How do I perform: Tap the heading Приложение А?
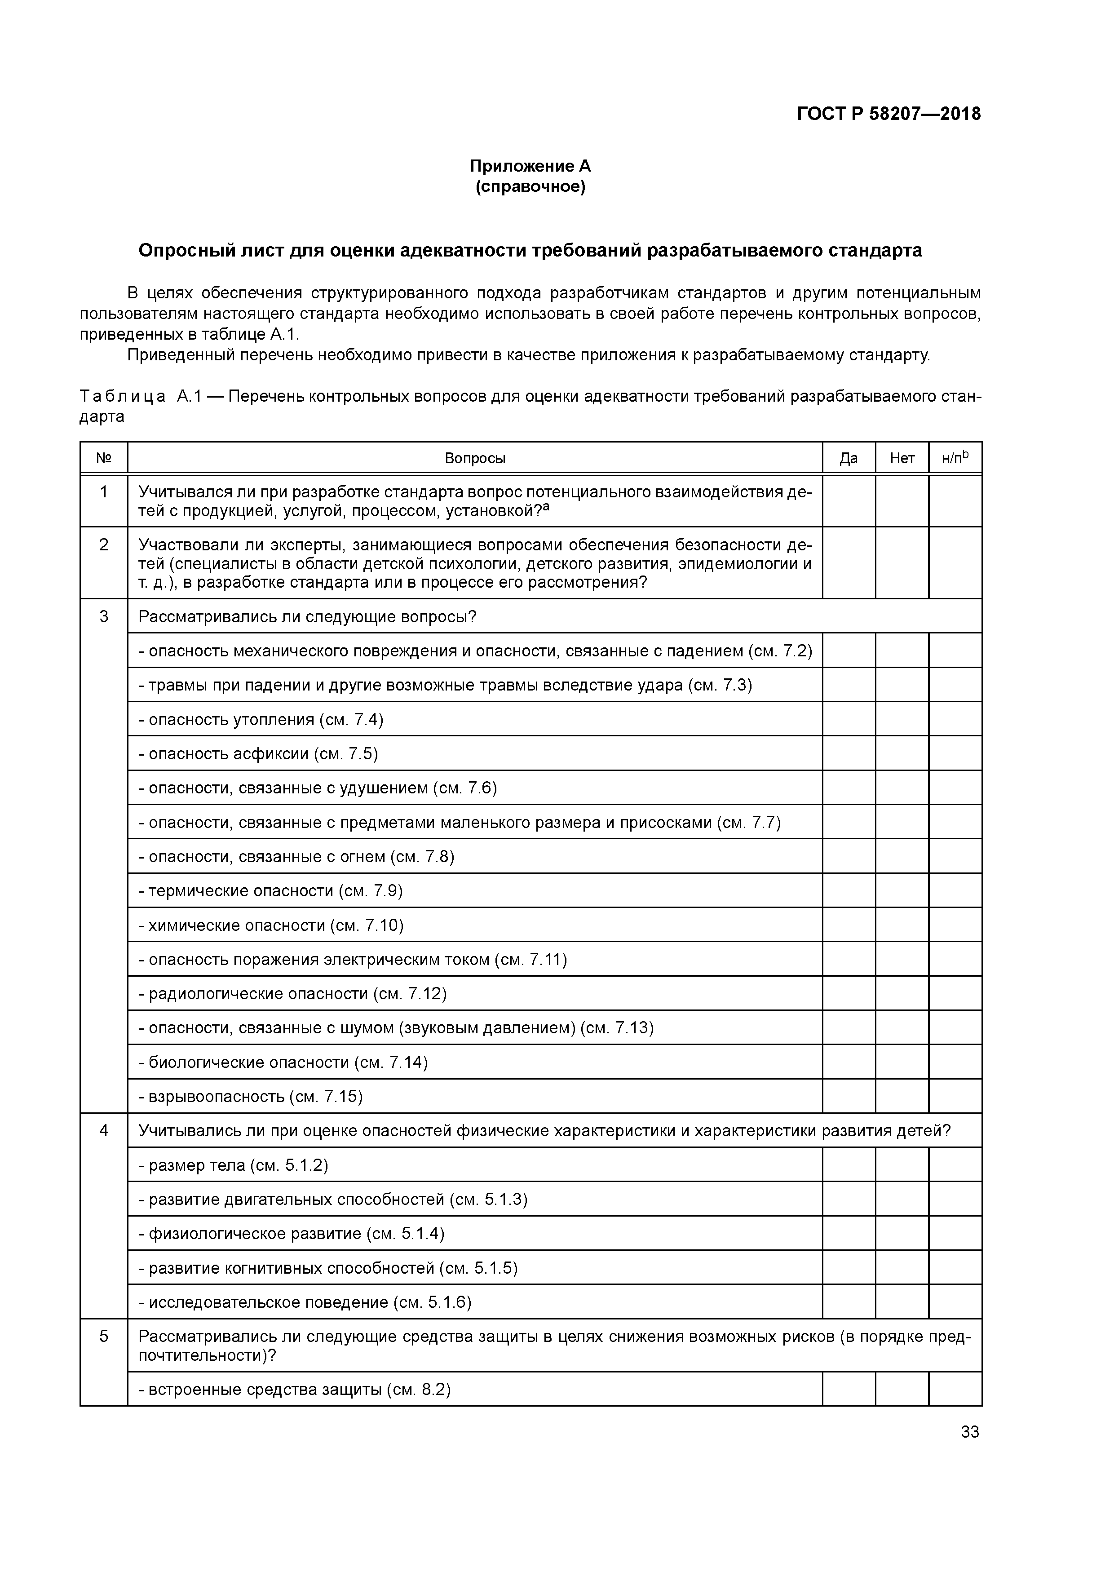click(530, 166)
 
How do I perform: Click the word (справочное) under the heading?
click(530, 187)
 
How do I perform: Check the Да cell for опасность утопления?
click(849, 719)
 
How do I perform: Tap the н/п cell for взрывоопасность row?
click(955, 1096)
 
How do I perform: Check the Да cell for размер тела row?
click(849, 1165)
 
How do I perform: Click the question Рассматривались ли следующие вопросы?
click(308, 616)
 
